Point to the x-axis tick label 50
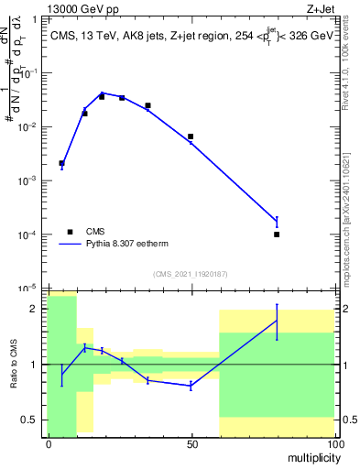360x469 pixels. pos(191,444)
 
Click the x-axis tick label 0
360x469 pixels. pos(49,444)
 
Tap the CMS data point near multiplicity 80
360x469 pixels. pos(277,234)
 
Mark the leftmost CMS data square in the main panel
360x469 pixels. pos(61,163)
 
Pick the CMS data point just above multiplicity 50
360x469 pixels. pos(191,136)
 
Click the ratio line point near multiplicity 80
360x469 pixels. pos(277,321)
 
